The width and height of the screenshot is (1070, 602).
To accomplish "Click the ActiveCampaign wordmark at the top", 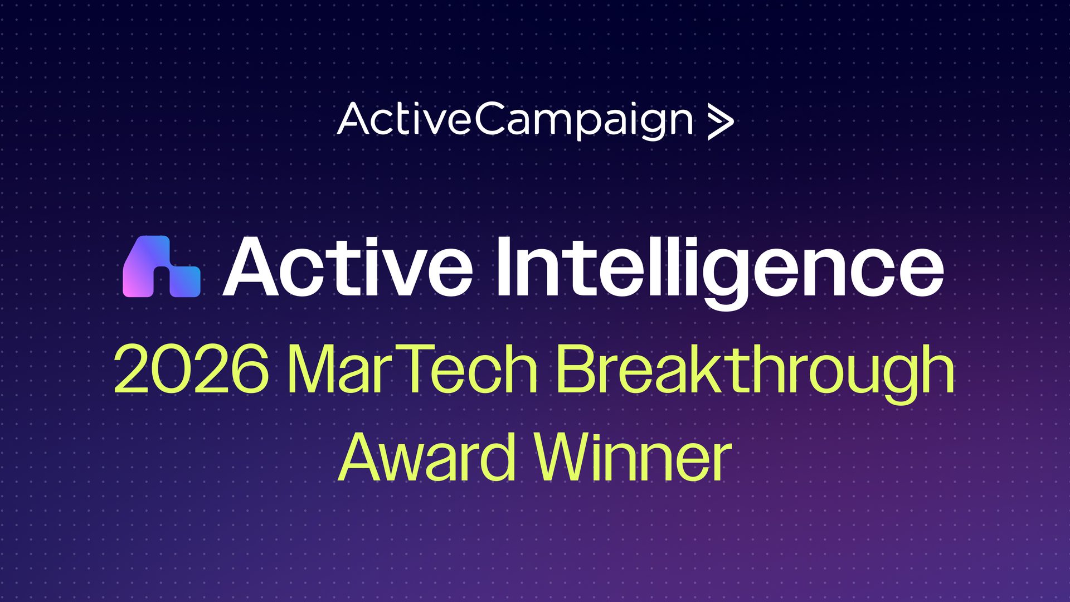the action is click(x=515, y=120).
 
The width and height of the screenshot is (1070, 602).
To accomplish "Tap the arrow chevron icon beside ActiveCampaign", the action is click(x=721, y=123).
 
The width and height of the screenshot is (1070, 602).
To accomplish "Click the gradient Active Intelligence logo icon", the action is click(x=162, y=266).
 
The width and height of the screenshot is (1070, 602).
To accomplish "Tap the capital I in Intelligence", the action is click(x=505, y=266).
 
